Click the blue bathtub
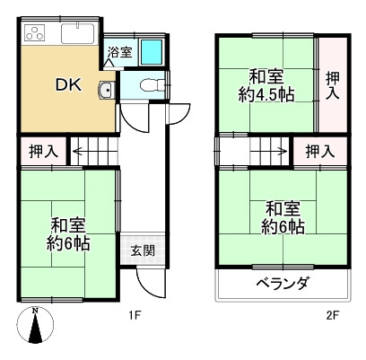(x=151, y=51)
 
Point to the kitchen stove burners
(x=36, y=36)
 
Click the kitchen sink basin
(x=83, y=36)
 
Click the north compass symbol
(x=35, y=328)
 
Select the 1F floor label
(x=134, y=315)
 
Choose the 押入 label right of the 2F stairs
(x=320, y=151)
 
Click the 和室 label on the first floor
(x=68, y=224)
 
